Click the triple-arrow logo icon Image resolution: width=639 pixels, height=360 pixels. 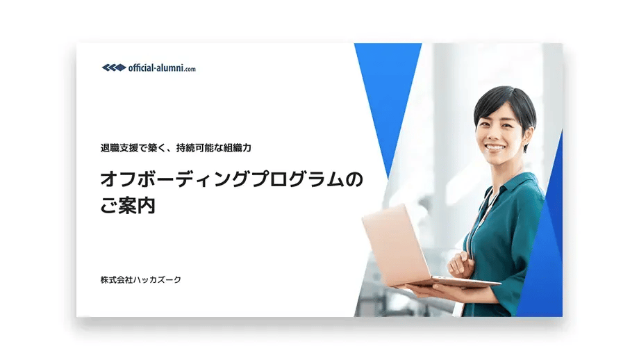(113, 68)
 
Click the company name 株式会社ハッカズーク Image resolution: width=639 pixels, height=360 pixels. (141, 279)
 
